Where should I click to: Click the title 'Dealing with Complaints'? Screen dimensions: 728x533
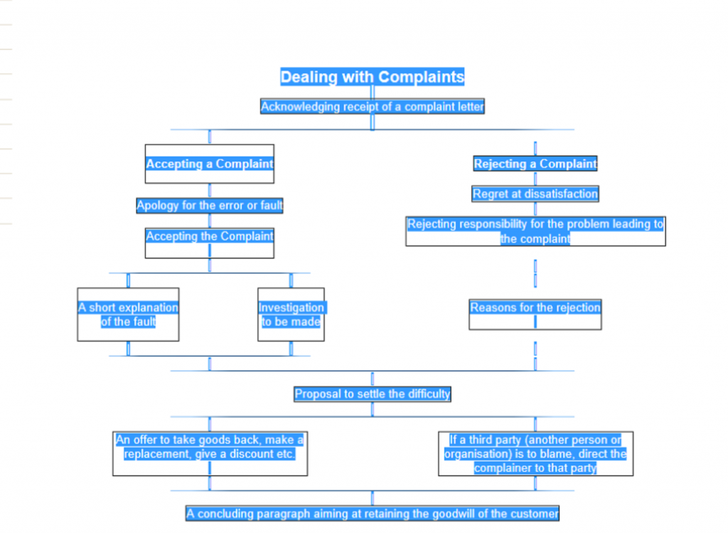372,77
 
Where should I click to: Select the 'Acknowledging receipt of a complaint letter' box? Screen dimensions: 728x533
373,107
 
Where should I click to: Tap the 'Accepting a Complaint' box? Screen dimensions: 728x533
210,164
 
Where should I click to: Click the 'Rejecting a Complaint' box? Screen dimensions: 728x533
535,164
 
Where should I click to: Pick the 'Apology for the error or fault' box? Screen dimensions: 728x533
210,206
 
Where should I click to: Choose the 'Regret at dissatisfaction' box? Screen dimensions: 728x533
535,194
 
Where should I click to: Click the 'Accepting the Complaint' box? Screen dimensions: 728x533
210,243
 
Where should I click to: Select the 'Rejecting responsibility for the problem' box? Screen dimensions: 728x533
535,231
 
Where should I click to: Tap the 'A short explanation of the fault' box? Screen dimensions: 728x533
128,315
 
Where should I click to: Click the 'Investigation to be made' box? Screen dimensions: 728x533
291,315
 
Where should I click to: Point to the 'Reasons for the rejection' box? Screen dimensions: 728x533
535,315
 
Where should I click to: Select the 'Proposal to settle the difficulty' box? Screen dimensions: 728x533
373,394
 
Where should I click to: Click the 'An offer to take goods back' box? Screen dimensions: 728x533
210,453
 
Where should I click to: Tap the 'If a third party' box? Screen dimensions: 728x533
536,453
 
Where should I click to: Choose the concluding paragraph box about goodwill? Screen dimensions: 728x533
373,514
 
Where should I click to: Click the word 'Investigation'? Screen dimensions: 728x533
291,307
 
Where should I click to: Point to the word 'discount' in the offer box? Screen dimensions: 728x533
251,454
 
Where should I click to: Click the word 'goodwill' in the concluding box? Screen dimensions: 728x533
453,514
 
